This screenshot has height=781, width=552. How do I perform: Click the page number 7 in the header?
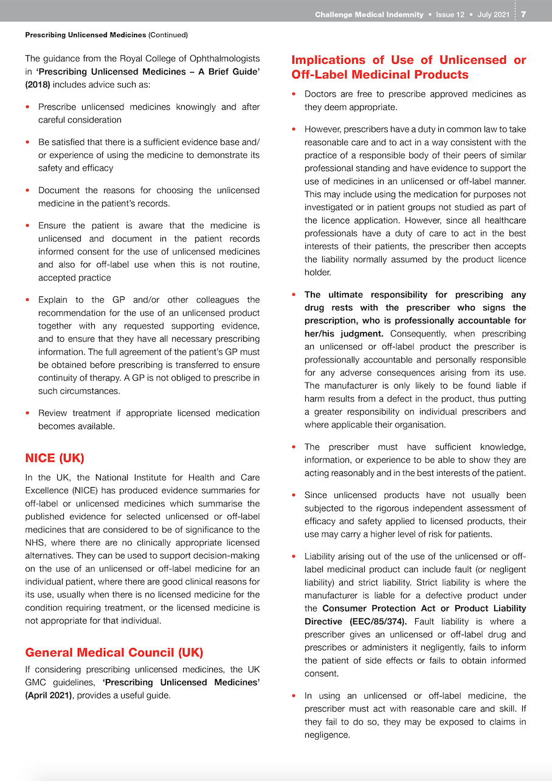point(523,15)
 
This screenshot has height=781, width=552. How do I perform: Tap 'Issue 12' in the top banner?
point(450,15)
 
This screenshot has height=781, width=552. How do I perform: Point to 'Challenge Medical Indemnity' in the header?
point(369,15)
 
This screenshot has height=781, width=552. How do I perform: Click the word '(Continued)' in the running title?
point(168,35)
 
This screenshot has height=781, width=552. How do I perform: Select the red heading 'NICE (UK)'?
point(55,458)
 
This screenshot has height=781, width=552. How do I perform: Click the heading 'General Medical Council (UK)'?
point(114,653)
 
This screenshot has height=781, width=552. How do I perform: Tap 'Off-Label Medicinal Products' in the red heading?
point(380,75)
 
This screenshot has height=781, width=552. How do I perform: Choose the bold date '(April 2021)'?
point(49,695)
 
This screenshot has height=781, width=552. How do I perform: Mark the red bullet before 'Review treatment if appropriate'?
point(27,413)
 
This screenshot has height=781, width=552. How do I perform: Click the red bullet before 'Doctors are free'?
point(294,94)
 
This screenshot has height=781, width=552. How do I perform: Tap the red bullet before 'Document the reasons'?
point(27,191)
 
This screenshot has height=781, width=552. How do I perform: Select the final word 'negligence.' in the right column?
point(327,735)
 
